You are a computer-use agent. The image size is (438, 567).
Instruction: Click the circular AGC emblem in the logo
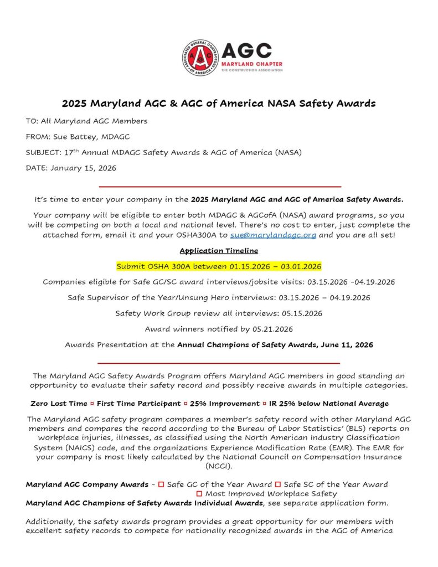coord(200,58)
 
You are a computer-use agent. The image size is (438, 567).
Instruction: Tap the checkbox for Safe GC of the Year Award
coord(161,484)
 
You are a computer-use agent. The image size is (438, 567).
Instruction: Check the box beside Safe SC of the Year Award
coord(278,484)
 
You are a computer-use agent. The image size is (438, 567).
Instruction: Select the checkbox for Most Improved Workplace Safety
coord(199,493)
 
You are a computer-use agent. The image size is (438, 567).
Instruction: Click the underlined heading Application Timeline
coord(219,250)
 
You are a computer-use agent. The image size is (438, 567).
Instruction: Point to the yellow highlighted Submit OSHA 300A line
coord(219,266)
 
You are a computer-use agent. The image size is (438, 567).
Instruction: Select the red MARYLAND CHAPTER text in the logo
coord(252,64)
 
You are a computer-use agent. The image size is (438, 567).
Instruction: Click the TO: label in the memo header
coord(32,121)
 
